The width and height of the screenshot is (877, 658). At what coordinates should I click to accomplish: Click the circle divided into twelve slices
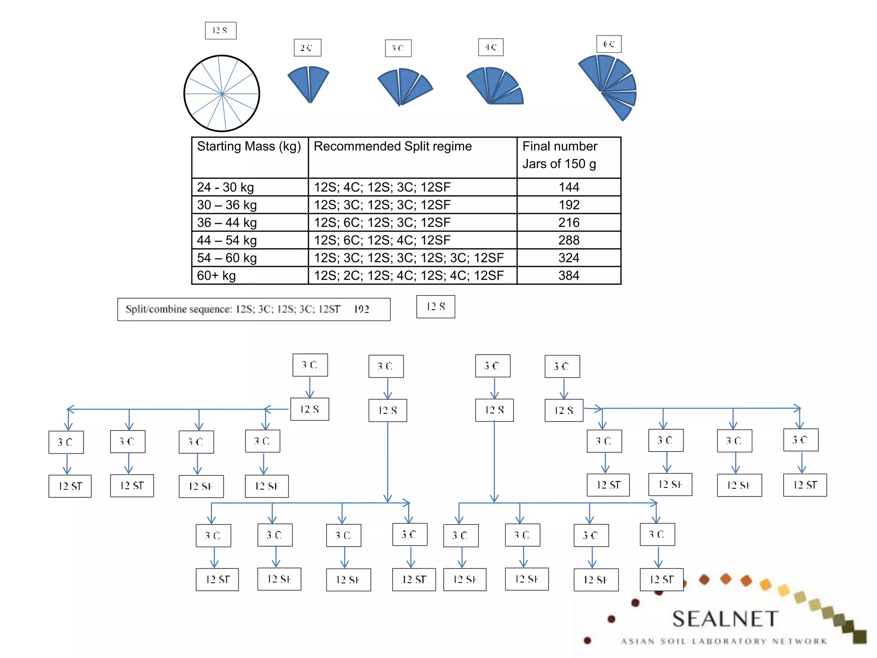point(222,93)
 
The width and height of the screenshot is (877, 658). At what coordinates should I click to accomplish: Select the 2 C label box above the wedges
point(307,48)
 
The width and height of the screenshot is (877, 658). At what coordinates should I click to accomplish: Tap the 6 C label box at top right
point(609,44)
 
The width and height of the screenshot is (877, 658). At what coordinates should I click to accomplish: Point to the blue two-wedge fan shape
point(309,82)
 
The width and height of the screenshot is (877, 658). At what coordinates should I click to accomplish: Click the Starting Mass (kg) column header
point(249,147)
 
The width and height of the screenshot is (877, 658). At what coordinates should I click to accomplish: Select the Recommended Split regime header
point(393,147)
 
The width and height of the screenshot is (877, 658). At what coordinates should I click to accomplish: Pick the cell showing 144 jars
point(569,187)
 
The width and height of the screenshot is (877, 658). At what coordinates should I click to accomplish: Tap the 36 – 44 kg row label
point(227,223)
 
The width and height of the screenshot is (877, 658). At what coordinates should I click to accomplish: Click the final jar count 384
point(569,275)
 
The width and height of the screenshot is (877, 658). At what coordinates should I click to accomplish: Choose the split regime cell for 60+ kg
point(409,275)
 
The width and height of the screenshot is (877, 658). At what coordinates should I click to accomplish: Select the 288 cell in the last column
point(569,240)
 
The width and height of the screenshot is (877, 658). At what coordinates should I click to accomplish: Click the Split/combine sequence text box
point(254,309)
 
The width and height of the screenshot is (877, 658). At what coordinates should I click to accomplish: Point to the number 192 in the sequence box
point(361,309)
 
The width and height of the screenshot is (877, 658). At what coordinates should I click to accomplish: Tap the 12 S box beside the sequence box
point(436,307)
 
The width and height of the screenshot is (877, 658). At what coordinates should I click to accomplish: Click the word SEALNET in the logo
point(725,619)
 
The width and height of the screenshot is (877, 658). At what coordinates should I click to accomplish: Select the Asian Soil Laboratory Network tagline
point(724,641)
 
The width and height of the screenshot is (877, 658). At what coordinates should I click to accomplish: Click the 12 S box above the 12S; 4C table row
point(221,31)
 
